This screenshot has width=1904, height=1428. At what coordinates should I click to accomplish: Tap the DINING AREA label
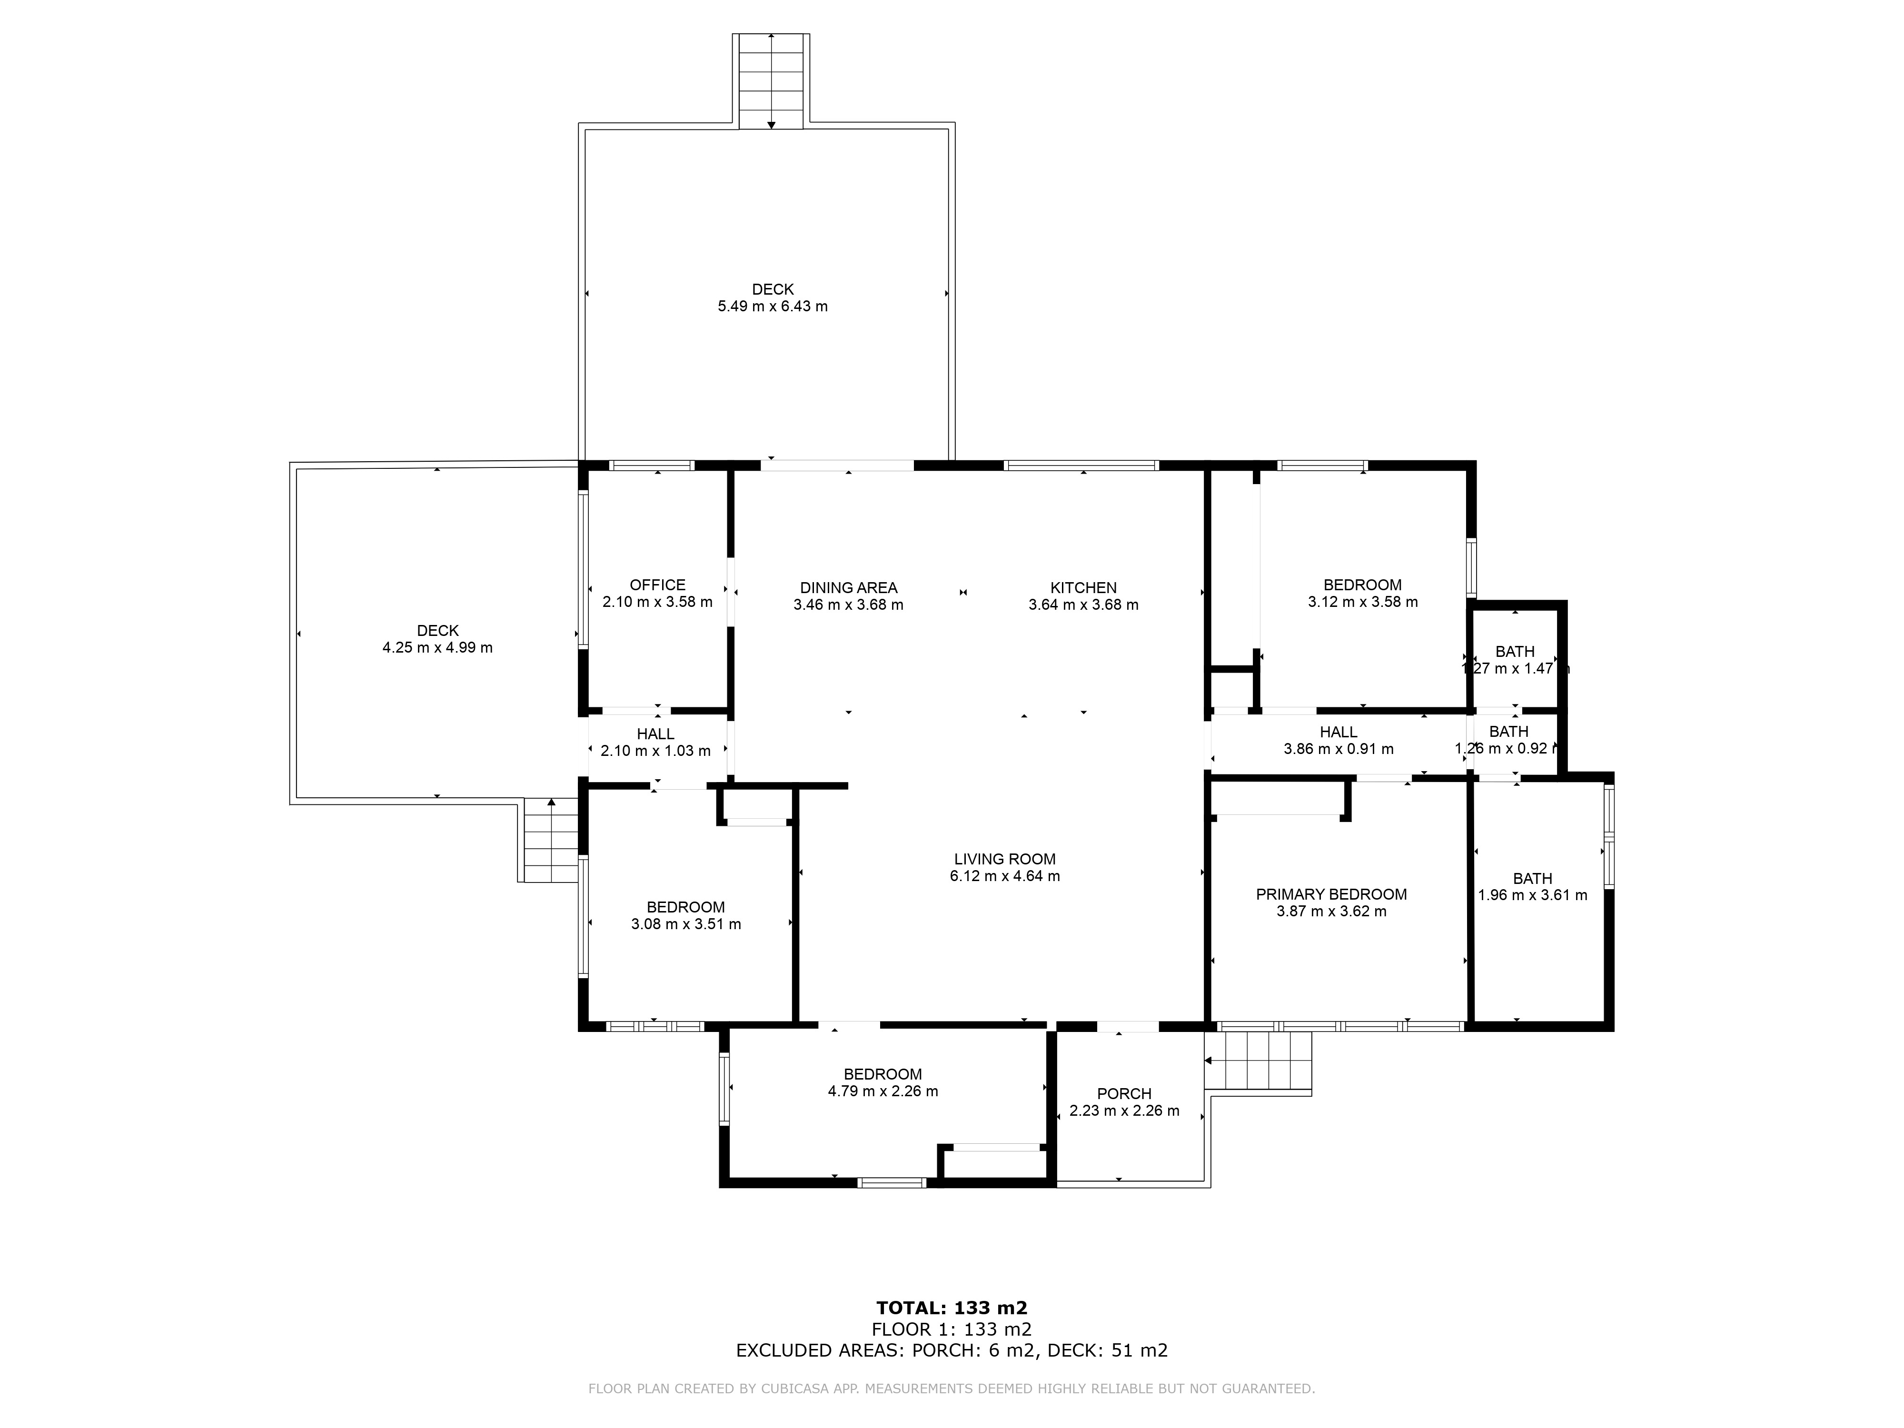849,588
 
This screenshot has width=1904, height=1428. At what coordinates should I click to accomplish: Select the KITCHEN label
1084,588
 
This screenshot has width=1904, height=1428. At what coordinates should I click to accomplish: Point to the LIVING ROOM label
1004,859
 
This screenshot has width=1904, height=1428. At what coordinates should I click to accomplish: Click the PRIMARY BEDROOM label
1331,894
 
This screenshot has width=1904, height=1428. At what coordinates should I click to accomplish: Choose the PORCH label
1124,1094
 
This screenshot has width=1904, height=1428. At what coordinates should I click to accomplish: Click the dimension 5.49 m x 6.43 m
773,307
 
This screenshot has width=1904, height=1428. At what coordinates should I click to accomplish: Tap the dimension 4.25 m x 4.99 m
438,647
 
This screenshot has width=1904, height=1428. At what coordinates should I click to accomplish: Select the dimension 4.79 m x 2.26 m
883,1091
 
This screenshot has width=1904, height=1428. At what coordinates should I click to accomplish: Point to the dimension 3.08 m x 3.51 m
686,924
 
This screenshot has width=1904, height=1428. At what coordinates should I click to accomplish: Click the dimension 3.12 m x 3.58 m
1363,603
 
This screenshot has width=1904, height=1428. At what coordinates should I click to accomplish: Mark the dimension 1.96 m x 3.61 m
1533,895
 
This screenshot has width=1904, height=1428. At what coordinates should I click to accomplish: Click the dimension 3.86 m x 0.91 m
1339,749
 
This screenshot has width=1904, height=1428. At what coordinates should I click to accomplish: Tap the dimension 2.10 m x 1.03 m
656,751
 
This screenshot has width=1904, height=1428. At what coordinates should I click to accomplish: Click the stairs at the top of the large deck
771,82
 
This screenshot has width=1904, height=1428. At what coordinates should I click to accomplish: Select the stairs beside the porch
1259,1063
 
